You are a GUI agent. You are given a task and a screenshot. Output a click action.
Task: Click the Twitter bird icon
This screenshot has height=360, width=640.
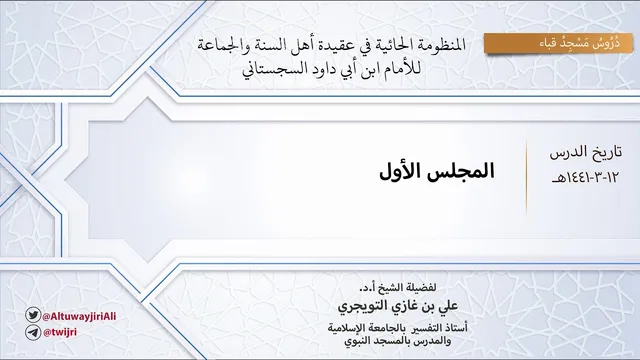click(33, 315)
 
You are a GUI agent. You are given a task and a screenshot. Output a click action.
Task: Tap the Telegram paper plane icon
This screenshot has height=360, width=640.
click(33, 332)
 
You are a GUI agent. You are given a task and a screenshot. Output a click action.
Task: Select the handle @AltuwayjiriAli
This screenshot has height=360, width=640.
click(80, 316)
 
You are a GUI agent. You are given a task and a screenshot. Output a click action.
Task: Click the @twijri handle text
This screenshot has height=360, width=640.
click(60, 332)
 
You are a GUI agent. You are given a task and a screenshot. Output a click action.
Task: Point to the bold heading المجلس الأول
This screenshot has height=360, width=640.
click(437, 171)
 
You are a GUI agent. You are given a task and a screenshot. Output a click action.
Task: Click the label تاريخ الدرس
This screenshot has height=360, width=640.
click(586, 152)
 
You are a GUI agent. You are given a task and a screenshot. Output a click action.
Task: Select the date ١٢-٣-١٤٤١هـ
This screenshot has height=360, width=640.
click(585, 178)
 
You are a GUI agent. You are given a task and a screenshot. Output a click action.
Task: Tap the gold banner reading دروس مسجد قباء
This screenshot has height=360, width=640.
click(558, 43)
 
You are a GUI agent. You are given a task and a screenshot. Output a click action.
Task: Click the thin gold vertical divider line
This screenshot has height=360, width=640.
click(526, 177)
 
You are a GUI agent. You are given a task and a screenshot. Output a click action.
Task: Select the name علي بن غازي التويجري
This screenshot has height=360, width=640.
click(398, 306)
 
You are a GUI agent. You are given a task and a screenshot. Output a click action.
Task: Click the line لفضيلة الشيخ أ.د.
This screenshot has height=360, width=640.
click(398, 288)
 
